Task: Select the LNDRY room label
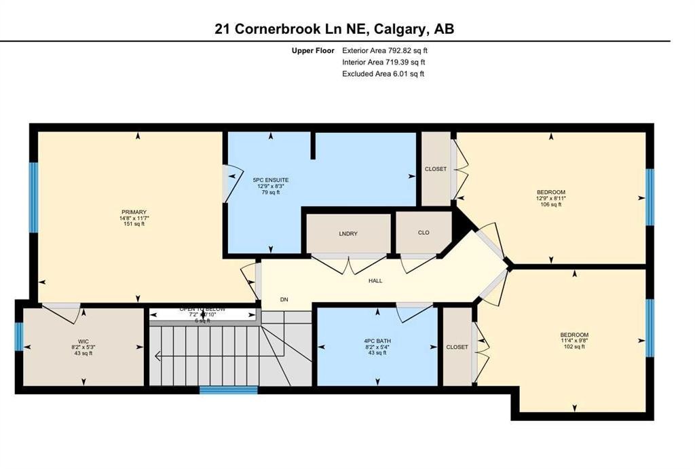pyautogui.click(x=347, y=234)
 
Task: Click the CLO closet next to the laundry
pyautogui.click(x=423, y=232)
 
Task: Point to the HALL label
pyautogui.click(x=375, y=280)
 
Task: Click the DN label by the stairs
pyautogui.click(x=284, y=298)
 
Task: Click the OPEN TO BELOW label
pyautogui.click(x=202, y=309)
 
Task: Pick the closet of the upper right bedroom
pyautogui.click(x=435, y=169)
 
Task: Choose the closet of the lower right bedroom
pyautogui.click(x=457, y=347)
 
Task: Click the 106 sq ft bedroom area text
pyautogui.click(x=550, y=204)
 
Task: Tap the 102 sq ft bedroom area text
pyautogui.click(x=574, y=347)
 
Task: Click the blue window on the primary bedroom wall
pyautogui.click(x=33, y=197)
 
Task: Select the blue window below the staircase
pyautogui.click(x=229, y=390)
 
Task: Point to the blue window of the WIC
pyautogui.click(x=19, y=337)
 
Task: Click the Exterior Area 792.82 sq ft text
pyautogui.click(x=385, y=50)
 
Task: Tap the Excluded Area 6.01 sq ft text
pyautogui.click(x=383, y=74)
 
